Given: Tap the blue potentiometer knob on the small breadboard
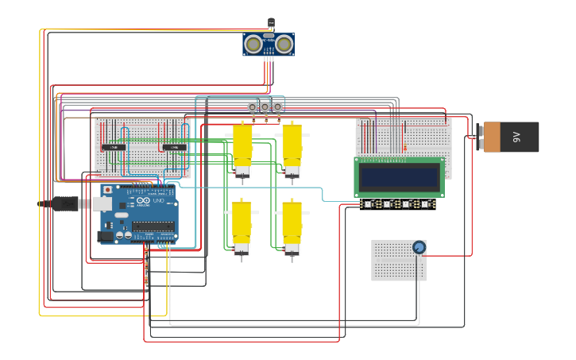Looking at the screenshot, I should point(419,248).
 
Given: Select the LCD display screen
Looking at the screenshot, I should point(399,177).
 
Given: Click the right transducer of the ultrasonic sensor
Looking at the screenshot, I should point(283,45).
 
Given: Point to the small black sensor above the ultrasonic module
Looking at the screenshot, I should point(271,23).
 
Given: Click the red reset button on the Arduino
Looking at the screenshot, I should point(107,191).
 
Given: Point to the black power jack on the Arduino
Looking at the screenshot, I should point(104,236).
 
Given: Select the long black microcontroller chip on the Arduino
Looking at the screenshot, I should point(153,226).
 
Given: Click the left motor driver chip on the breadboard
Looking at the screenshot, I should point(114,148).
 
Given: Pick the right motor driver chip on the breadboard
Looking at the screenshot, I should point(174,148).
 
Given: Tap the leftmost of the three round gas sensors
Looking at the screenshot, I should point(253,106).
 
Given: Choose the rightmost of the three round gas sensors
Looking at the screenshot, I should point(278,106).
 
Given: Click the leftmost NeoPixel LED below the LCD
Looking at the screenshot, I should point(368,204).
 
